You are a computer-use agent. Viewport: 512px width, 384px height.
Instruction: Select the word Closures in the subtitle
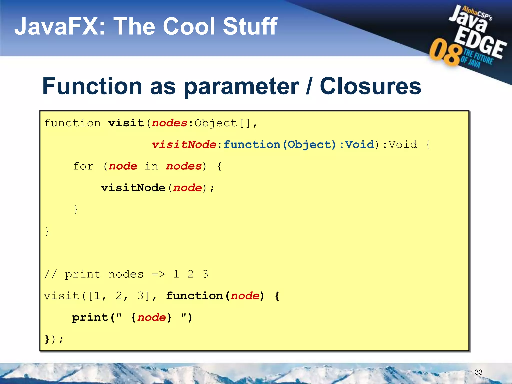click(370, 86)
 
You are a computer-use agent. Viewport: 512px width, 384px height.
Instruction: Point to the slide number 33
click(478, 372)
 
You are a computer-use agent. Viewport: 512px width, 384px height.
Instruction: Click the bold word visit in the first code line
click(126, 123)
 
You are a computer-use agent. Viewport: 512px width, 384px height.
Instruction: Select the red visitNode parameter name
click(184, 145)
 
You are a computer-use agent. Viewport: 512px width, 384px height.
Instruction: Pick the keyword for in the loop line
click(83, 166)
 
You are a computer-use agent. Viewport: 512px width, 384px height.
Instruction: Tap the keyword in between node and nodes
click(151, 166)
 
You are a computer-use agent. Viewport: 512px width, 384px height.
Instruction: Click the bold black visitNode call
click(133, 188)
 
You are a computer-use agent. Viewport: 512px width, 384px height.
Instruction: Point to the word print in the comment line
click(83, 274)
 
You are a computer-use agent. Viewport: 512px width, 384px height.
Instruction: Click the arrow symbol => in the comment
click(158, 274)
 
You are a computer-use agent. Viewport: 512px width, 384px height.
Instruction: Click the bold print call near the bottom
click(90, 318)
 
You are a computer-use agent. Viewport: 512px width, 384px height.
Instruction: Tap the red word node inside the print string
click(151, 318)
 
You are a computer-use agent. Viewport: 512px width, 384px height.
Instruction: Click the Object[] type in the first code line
click(222, 123)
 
